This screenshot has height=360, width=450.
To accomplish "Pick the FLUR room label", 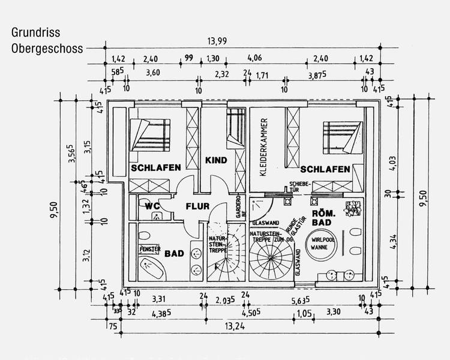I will (x=197, y=206).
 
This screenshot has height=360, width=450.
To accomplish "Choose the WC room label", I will (x=151, y=206).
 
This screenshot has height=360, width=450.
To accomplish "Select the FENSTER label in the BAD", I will (x=150, y=248).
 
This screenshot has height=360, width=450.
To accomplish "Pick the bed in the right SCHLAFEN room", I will (x=343, y=137).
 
